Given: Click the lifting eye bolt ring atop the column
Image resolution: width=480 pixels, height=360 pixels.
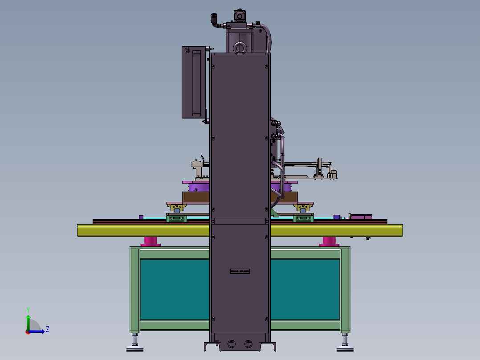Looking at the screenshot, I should click(x=240, y=48).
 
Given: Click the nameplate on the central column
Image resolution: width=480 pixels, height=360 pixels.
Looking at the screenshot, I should click(x=240, y=271).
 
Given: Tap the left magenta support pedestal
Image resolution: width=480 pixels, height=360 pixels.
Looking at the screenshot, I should click(x=151, y=241).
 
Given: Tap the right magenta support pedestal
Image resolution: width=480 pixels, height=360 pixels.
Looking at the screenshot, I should click(x=329, y=241).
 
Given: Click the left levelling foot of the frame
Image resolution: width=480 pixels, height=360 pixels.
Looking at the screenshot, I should click(x=134, y=342).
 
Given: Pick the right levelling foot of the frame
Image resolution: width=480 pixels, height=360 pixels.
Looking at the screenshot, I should click(x=345, y=342).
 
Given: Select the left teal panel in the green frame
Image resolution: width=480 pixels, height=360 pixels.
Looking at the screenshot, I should click(x=175, y=290).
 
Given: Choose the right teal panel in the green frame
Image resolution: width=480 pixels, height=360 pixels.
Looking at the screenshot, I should click(x=305, y=290).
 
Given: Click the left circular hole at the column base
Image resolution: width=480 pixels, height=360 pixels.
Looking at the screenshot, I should click(x=232, y=344).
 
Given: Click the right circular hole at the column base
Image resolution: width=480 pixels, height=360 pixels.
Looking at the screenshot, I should click(x=248, y=344).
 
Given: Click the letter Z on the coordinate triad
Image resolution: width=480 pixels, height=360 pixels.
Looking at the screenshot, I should click(x=47, y=329).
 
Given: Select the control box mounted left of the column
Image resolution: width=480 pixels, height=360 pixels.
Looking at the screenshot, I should click(x=194, y=82).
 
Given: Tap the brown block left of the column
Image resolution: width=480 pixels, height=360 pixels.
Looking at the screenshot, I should click(x=196, y=196).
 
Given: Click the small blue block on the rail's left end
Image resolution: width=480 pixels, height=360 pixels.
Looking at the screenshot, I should click(x=141, y=217).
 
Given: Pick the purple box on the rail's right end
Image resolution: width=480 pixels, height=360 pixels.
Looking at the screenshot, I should click(x=361, y=217).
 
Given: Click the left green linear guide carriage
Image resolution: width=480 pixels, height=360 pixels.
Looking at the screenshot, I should click(x=177, y=217).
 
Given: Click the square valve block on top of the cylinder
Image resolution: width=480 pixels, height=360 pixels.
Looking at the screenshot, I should click(x=240, y=16).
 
